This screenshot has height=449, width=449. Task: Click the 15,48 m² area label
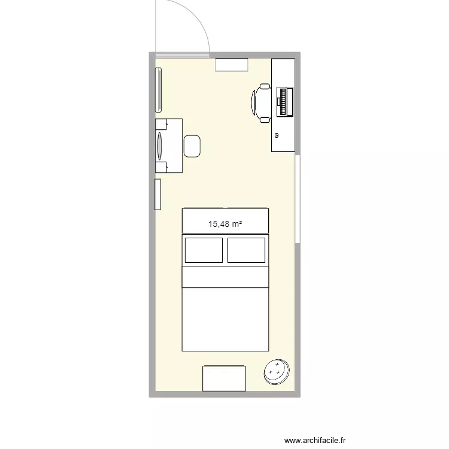click(225, 224)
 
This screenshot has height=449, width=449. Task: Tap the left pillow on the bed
click(204, 250)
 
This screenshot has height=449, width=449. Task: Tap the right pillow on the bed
click(246, 250)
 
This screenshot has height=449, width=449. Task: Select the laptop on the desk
click(285, 101)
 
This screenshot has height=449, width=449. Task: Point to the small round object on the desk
click(277, 135)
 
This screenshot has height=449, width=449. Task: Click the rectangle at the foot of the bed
click(224, 378)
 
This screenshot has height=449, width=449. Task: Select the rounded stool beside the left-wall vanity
click(192, 146)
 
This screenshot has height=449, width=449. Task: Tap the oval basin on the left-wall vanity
click(160, 145)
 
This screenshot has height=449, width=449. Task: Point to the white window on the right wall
click(298, 199)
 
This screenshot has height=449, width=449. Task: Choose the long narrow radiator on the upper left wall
click(159, 90)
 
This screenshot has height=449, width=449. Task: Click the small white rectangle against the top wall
click(232, 65)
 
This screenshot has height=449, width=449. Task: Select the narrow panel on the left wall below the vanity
click(158, 194)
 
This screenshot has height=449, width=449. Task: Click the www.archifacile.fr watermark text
click(318, 441)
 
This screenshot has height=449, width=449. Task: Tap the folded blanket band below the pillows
click(225, 277)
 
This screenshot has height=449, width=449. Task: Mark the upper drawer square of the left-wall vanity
click(161, 125)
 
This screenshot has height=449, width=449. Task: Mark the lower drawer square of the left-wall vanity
click(161, 167)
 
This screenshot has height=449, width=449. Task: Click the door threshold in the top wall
click(182, 56)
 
